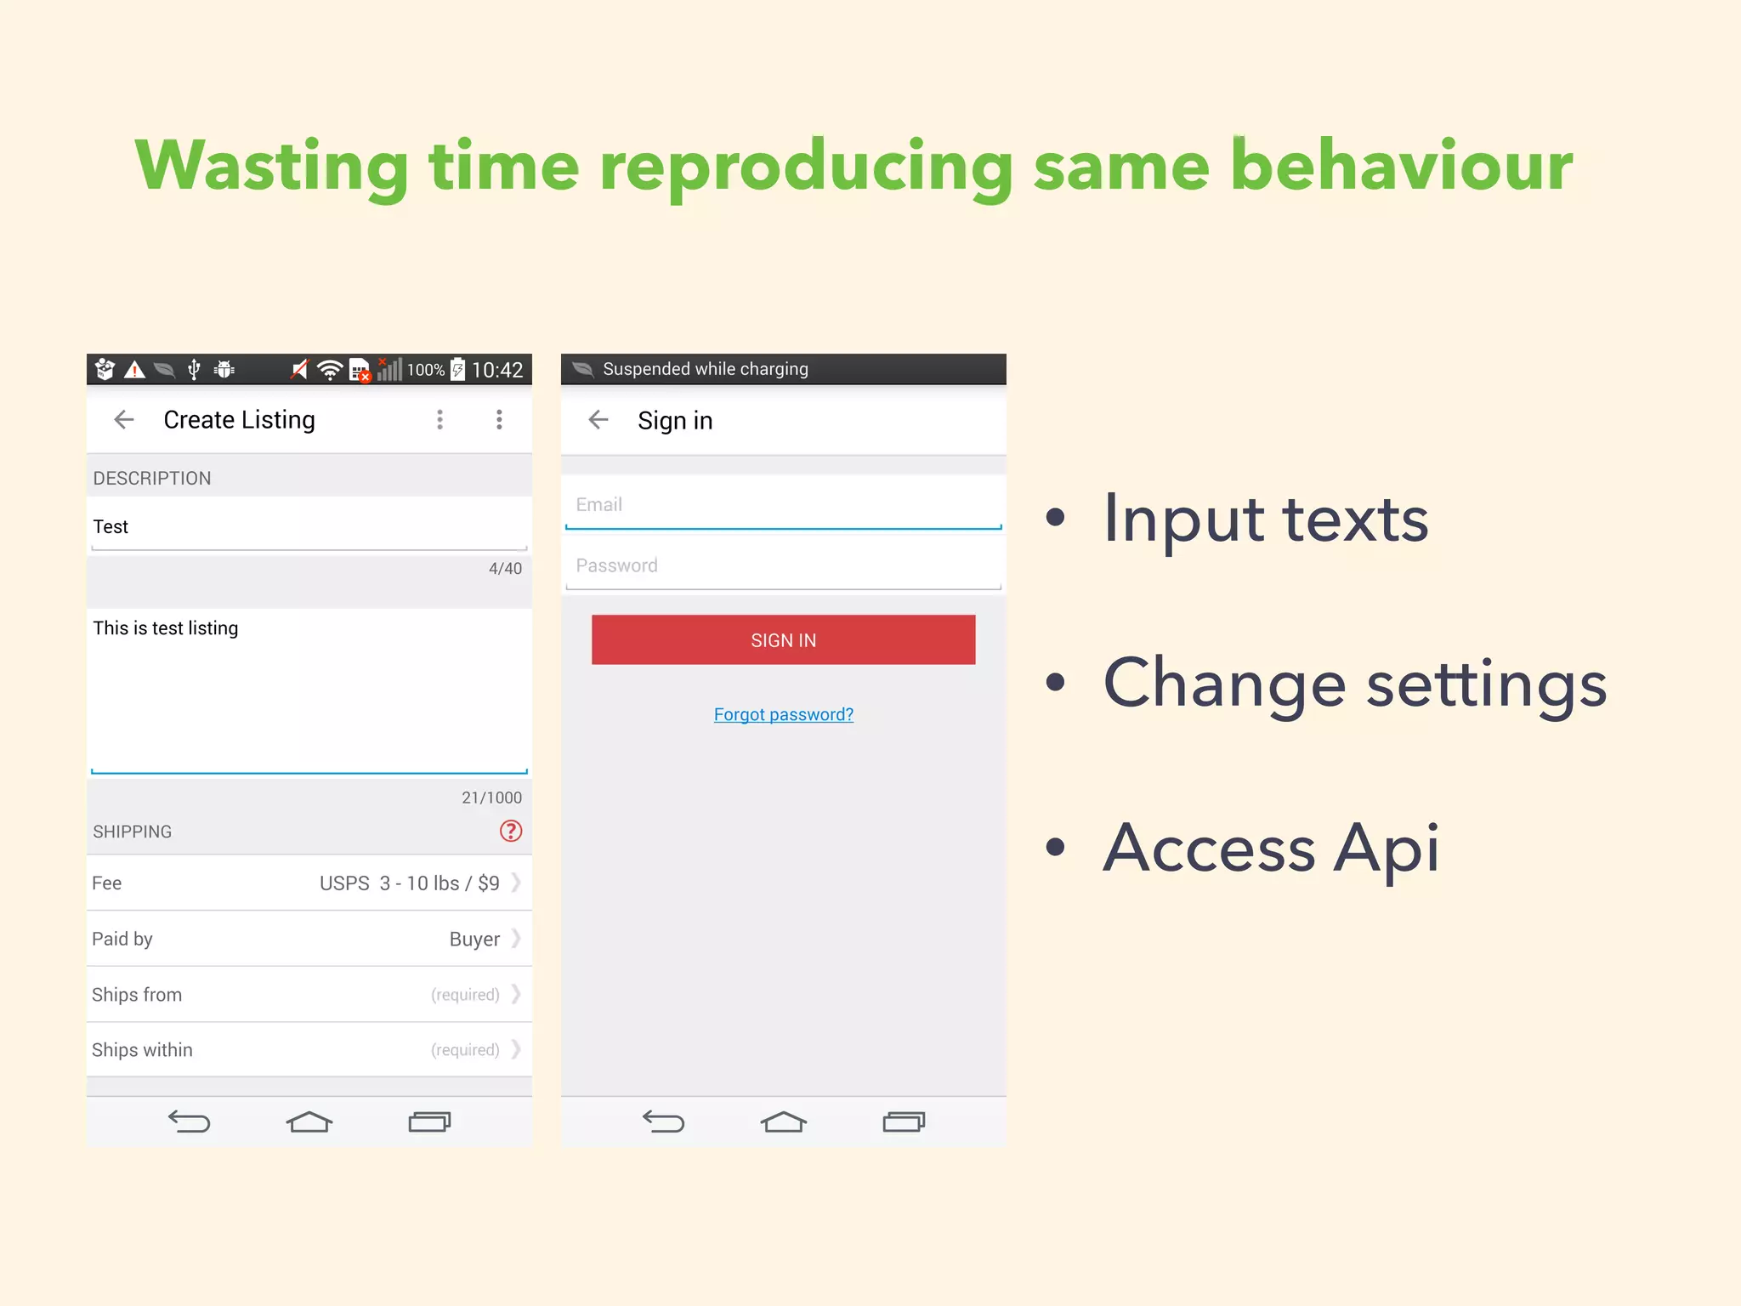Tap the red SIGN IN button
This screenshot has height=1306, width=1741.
pyautogui.click(x=783, y=639)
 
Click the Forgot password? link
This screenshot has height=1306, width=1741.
pyautogui.click(x=783, y=714)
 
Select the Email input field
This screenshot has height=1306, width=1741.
pyautogui.click(x=783, y=504)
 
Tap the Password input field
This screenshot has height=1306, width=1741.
pyautogui.click(x=783, y=565)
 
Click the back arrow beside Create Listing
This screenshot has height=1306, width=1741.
pyautogui.click(x=124, y=419)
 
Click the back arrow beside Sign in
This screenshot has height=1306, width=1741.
pyautogui.click(x=598, y=419)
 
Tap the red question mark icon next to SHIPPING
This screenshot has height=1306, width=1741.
pyautogui.click(x=510, y=831)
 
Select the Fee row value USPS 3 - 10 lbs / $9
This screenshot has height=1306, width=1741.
pyautogui.click(x=409, y=883)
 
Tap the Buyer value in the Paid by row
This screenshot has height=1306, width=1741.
pyautogui.click(x=474, y=939)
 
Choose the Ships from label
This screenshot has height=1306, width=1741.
pyautogui.click(x=137, y=994)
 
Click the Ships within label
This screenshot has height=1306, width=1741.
pyautogui.click(x=142, y=1049)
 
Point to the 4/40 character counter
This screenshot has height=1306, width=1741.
pyautogui.click(x=505, y=568)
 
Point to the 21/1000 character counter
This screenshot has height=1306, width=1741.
pyautogui.click(x=491, y=798)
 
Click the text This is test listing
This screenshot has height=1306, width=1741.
pyautogui.click(x=166, y=627)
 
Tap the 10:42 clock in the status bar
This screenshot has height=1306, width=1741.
pyautogui.click(x=497, y=370)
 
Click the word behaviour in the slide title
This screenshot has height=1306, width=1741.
pyautogui.click(x=1401, y=166)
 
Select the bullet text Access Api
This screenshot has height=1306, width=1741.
pyautogui.click(x=1270, y=848)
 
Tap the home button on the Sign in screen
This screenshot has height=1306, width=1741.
pyautogui.click(x=783, y=1122)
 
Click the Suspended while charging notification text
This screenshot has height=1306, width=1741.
pyautogui.click(x=705, y=369)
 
